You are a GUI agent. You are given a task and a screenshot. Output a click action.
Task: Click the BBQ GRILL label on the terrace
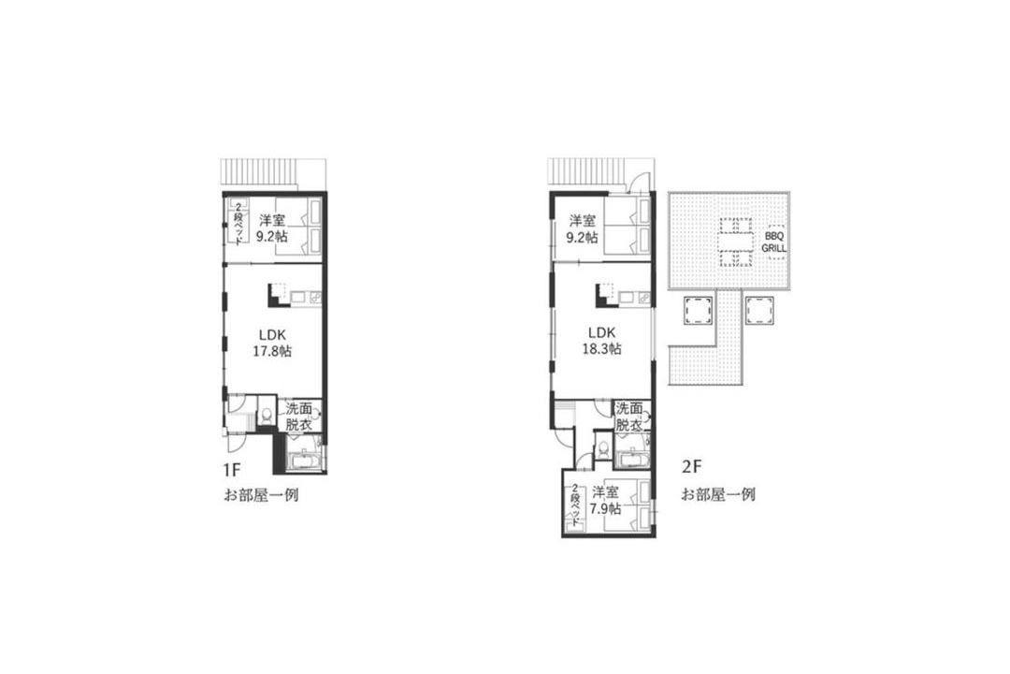[x=773, y=242]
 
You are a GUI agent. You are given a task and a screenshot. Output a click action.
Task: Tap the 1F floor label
[x=231, y=470]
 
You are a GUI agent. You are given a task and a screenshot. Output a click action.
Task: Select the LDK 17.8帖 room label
[x=272, y=344]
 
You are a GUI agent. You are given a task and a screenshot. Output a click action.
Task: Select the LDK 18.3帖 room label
[x=601, y=341]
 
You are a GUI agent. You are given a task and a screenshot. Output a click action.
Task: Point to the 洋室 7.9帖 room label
[x=605, y=500]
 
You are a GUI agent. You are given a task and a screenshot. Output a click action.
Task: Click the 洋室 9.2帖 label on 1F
[x=272, y=227]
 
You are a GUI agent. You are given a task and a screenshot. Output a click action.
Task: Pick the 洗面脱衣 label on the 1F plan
[x=299, y=417]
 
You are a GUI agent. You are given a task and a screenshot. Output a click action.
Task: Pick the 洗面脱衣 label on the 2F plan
[x=628, y=417]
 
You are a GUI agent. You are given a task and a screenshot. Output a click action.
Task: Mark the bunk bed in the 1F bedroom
[x=238, y=222]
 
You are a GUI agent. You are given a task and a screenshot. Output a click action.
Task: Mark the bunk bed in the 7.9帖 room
[x=575, y=507]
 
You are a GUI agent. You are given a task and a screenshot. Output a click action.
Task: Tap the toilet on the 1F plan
[x=266, y=414]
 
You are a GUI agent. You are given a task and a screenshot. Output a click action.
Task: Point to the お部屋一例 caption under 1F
[x=260, y=495]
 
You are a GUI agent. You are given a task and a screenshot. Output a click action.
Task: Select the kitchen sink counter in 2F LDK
[x=632, y=298]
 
